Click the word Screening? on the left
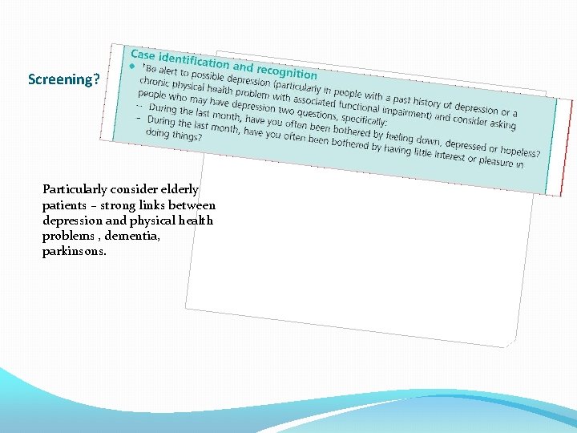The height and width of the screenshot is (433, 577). coord(64,79)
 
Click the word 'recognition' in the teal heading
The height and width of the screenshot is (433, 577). coord(286,71)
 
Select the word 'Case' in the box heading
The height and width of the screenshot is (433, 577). coord(143,55)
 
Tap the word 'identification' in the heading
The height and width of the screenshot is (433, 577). coord(193,60)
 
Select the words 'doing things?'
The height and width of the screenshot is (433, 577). coord(174,135)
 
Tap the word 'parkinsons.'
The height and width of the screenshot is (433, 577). coord(73,251)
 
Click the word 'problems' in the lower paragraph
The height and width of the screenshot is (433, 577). coord(64,236)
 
